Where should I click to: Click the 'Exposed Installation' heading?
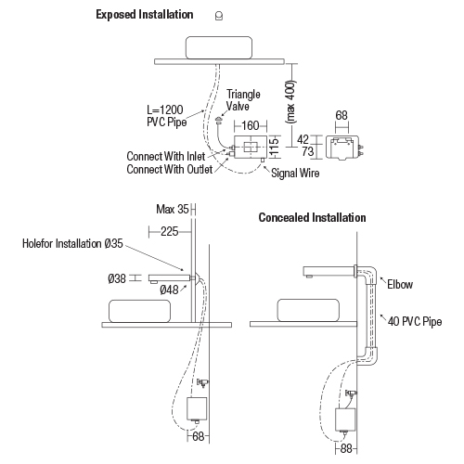coord(145,15)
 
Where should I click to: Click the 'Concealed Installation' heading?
coord(312,217)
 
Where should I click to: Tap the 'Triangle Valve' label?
coord(243,100)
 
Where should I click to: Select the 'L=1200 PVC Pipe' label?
coord(166,116)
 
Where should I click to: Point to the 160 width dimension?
coord(251,125)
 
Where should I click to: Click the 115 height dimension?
coord(274,147)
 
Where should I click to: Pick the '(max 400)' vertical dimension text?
coord(291,101)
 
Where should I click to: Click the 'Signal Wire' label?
coord(295,174)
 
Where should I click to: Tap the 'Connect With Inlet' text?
coord(166,156)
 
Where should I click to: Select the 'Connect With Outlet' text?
coord(170,169)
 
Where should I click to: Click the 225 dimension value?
coord(170,231)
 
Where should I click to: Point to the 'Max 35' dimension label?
coord(173,209)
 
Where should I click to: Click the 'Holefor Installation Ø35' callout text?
coord(72,243)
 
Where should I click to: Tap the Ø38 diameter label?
coord(117,278)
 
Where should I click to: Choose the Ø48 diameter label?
coord(169,290)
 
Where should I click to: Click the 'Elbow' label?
coord(400,284)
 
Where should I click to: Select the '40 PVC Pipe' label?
coord(415,322)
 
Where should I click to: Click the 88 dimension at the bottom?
coord(346,448)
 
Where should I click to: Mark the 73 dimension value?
coord(308,151)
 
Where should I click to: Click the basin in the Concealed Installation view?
coord(308,310)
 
